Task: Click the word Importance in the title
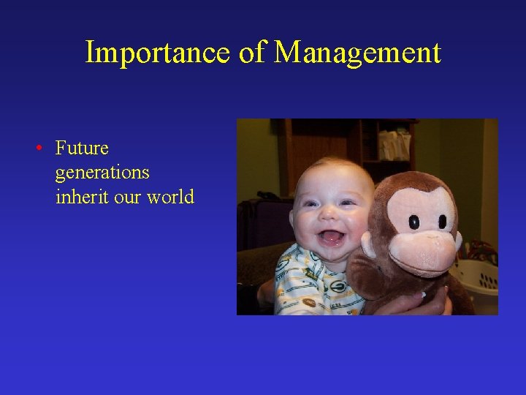(x=157, y=53)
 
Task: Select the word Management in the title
(x=358, y=53)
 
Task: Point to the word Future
(x=82, y=148)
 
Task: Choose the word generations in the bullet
(x=102, y=173)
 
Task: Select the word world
(x=170, y=197)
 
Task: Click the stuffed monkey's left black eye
(x=414, y=222)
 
